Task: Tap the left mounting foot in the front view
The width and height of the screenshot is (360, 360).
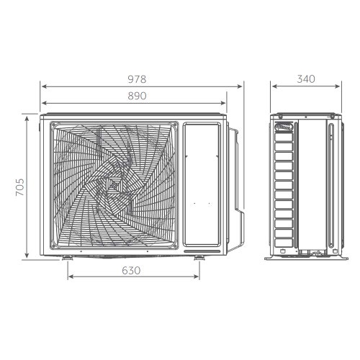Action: (x=67, y=257)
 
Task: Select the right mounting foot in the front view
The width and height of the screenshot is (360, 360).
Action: (x=198, y=257)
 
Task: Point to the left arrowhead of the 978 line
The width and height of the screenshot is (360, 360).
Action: (x=42, y=85)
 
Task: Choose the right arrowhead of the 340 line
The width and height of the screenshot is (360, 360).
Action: (x=338, y=85)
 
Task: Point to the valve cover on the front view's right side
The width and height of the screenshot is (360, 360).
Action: (x=235, y=173)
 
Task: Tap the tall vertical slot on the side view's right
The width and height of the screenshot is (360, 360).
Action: (x=330, y=185)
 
